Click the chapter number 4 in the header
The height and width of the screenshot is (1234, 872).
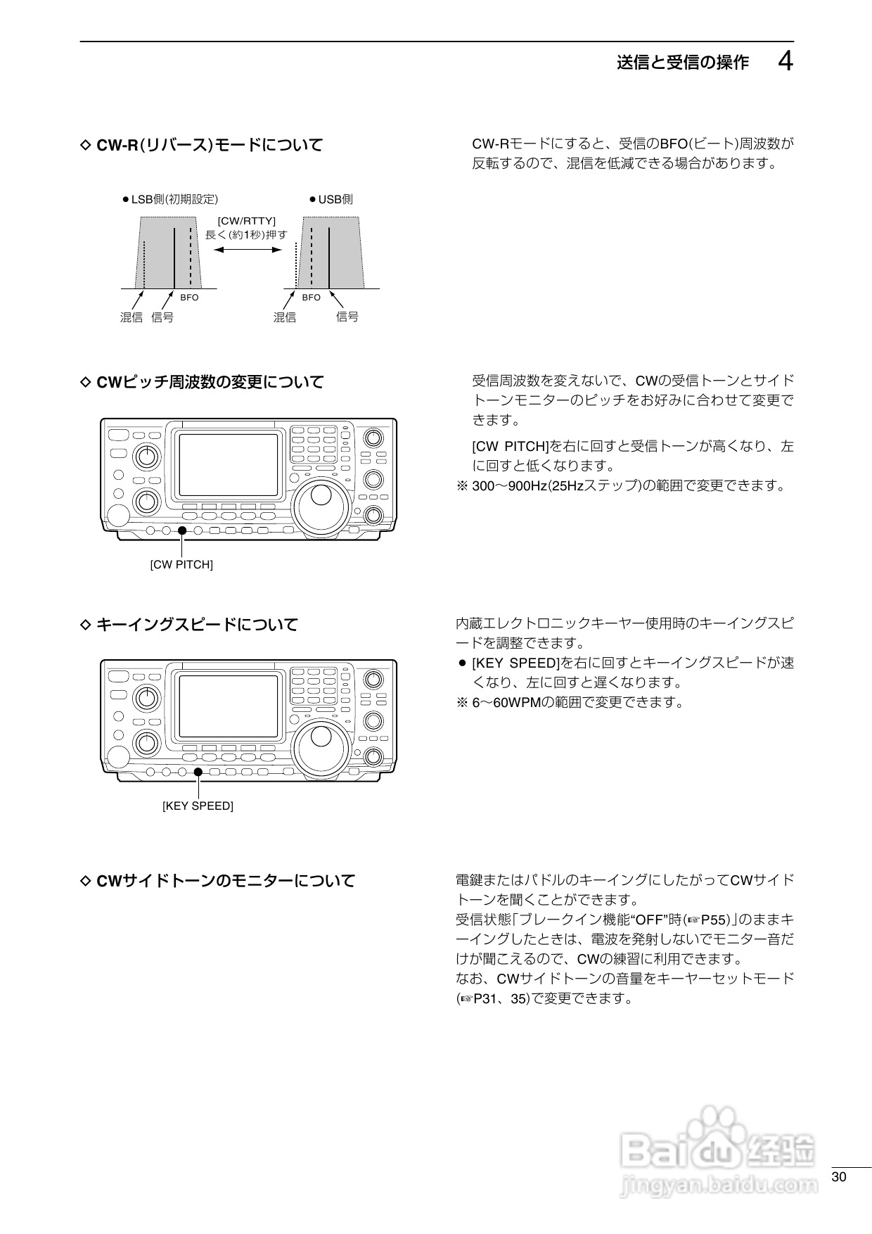tap(786, 62)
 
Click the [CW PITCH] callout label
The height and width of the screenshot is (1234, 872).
tap(181, 564)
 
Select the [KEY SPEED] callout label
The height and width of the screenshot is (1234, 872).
tap(198, 806)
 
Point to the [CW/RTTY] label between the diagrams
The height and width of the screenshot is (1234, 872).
tap(246, 221)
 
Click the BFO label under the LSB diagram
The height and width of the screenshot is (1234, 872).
tap(189, 298)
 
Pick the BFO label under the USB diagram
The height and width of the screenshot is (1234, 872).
tap(311, 298)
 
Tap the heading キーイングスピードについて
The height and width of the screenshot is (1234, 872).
tap(196, 624)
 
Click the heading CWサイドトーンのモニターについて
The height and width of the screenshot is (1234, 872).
tap(225, 880)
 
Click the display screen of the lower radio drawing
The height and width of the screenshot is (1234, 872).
tap(229, 705)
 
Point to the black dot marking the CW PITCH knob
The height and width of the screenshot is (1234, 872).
tap(182, 530)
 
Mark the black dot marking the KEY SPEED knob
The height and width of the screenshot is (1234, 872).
tap(198, 772)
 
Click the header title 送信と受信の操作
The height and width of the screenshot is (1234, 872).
tap(682, 63)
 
